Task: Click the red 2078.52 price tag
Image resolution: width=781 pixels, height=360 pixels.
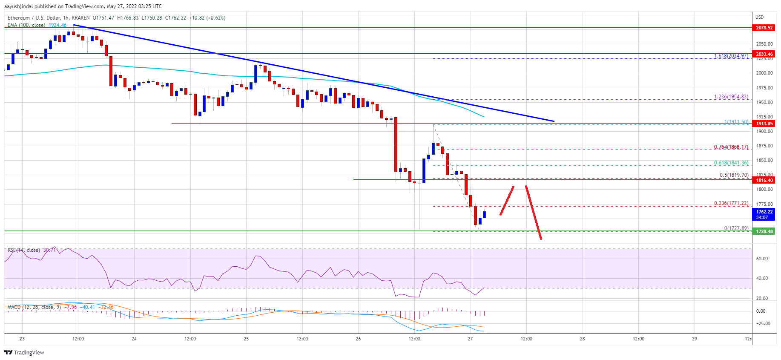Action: [x=764, y=28]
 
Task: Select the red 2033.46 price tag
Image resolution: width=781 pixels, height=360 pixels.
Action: [x=764, y=54]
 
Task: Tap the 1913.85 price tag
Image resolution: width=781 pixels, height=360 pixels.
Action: [x=764, y=124]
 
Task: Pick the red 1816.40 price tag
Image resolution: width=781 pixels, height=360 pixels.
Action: [x=764, y=180]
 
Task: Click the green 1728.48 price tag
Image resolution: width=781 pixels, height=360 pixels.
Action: [x=764, y=231]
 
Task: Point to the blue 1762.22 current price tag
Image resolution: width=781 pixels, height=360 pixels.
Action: [x=764, y=214]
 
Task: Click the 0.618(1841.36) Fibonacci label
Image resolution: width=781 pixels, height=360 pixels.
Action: [x=731, y=163]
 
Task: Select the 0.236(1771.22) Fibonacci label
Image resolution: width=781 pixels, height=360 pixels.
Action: [x=731, y=203]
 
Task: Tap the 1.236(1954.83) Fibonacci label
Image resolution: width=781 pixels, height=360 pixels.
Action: [x=731, y=97]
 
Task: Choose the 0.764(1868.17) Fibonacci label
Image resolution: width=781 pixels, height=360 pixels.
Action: [x=731, y=147]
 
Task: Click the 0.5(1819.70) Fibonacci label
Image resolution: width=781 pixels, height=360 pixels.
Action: [x=734, y=175]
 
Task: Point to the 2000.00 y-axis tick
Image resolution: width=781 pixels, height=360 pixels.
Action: [x=764, y=73]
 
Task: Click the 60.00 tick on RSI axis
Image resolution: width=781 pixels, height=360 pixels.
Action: [x=762, y=259]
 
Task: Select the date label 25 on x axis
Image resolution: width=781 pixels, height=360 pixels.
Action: [x=246, y=339]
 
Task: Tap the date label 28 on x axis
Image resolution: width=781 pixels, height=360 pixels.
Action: [x=582, y=339]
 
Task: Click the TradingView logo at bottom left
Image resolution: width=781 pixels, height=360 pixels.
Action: [x=24, y=352]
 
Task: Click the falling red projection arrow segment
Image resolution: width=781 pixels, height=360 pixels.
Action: [x=534, y=212]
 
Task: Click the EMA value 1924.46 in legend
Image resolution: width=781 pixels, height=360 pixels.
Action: [x=57, y=25]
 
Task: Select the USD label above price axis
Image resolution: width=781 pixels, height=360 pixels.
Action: [x=760, y=17]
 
